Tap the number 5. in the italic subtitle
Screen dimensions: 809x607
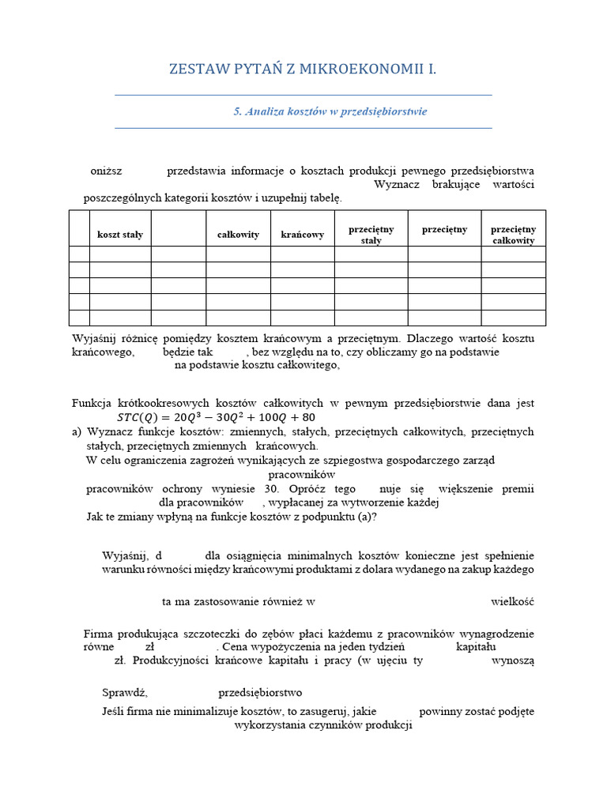(x=237, y=111)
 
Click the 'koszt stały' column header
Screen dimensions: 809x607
(x=120, y=235)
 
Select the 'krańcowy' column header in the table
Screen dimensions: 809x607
(x=303, y=235)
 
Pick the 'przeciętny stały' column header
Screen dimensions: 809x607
(x=371, y=235)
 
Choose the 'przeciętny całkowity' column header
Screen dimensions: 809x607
(x=513, y=235)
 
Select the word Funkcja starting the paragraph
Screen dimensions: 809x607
(x=95, y=403)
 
